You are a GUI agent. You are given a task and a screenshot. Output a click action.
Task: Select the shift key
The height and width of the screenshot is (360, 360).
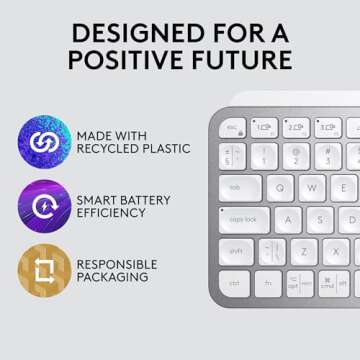coord(236,252)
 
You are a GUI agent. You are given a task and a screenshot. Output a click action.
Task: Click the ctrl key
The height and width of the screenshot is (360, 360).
coord(235,284)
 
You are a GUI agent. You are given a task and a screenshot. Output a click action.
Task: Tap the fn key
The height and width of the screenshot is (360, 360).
coord(267,284)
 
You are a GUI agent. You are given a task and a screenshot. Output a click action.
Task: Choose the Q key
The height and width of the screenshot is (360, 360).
coord(281,187)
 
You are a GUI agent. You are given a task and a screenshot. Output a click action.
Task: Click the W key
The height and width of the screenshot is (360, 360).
coord(313,187)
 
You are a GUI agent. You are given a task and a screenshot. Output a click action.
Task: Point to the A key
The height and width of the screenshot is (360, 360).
coord(290,220)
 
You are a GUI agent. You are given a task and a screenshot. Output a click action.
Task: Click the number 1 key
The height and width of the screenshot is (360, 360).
coord(265,156)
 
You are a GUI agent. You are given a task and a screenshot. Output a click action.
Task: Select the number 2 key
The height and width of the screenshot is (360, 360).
coord(297,156)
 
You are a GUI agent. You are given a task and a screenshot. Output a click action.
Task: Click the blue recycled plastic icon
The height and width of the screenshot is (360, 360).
coord(44,142)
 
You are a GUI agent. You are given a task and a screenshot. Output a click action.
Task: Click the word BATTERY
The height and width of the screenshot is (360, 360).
coord(150,200)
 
